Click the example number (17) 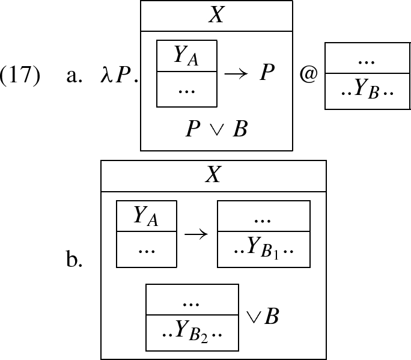tap(20, 76)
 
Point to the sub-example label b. tap(74, 261)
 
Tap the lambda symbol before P tap(106, 76)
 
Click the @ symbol tap(308, 76)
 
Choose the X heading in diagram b tap(213, 175)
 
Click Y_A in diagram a tap(186, 55)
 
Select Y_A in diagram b tap(146, 215)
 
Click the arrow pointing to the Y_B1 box tap(196, 234)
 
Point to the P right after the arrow tap(267, 73)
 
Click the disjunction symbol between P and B tap(216, 130)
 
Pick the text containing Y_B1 tap(264, 249)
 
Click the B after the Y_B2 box tap(271, 316)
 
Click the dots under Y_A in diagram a tap(186, 89)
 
